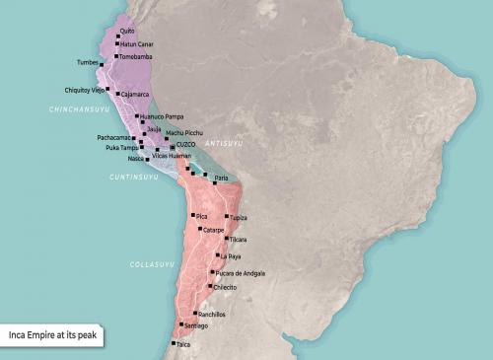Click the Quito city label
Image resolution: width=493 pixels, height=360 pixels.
pos(127,32)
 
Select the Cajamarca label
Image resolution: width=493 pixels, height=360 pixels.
pos(135,95)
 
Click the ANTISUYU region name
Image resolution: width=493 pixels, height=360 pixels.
pos(223,144)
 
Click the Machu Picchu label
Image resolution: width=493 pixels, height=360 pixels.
pos(187,132)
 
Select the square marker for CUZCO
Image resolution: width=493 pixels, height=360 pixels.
pos(172,147)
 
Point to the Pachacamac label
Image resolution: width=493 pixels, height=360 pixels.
pos(115,138)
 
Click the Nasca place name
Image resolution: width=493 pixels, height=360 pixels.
pos(136,158)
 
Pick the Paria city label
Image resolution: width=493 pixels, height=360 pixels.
pos(221,178)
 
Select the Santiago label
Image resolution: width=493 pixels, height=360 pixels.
pos(195,325)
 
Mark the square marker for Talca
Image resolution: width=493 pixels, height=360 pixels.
pos(173,344)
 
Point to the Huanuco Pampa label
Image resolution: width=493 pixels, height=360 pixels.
pos(161,116)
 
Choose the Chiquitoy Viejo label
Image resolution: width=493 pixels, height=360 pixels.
pos(85,88)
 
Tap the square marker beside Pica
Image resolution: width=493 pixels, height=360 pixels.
pos(192,215)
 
